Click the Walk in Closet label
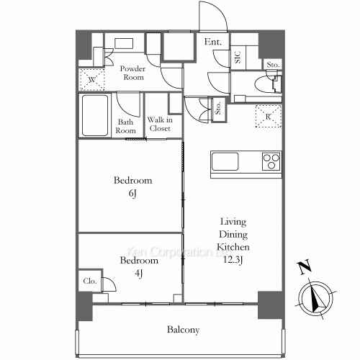coord(159,125)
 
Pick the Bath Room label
coord(126,126)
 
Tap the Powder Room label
coord(132,73)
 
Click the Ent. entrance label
coord(212,42)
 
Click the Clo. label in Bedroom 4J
coord(89,282)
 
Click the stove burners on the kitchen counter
coord(271,159)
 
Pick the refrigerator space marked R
coord(268,116)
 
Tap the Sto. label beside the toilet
coord(272,66)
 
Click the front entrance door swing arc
coord(215,14)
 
